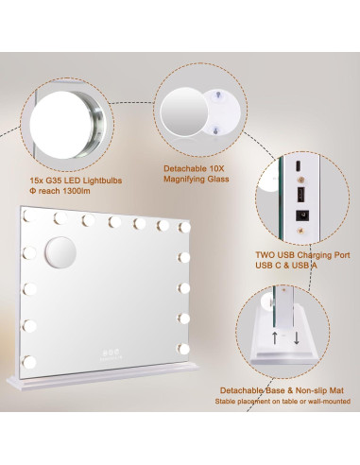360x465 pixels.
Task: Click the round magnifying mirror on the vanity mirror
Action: click(x=60, y=252)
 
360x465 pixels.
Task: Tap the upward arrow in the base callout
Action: click(x=275, y=337)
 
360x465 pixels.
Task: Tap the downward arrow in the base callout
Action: click(x=297, y=337)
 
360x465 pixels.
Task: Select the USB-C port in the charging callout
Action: click(x=299, y=165)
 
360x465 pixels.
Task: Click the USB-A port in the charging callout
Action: click(x=300, y=196)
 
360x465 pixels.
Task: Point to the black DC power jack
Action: click(x=302, y=215)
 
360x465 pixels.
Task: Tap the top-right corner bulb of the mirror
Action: click(x=184, y=227)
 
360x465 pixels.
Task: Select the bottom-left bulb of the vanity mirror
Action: click(x=28, y=362)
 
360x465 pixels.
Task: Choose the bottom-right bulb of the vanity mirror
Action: click(x=183, y=349)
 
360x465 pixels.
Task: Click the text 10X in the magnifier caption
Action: click(x=216, y=169)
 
